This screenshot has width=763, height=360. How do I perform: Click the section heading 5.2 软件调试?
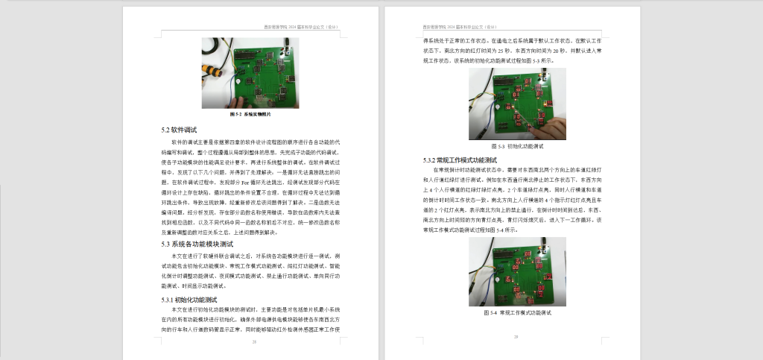tap(179, 130)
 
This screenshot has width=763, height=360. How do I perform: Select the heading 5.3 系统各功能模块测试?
tap(198, 244)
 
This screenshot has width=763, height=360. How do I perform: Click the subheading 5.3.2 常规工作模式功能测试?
tap(459, 160)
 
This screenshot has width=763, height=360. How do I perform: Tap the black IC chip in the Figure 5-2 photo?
tap(245, 54)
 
